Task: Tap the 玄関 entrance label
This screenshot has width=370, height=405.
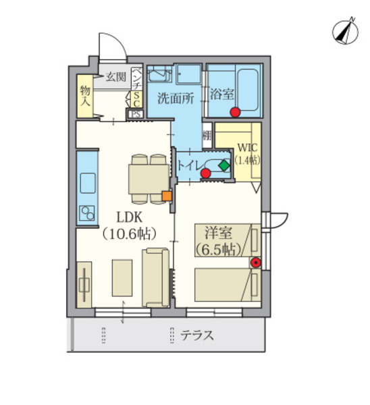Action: coord(115,77)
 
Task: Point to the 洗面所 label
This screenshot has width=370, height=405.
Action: coord(176,97)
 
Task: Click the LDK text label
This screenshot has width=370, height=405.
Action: coord(128,217)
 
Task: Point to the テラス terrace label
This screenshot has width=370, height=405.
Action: coord(197,333)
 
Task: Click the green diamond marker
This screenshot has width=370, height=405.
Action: coord(223,164)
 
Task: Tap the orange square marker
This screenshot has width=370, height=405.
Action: coord(166,196)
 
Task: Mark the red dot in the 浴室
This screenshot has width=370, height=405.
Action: coord(235,112)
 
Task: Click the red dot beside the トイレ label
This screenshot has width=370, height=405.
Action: coord(206,173)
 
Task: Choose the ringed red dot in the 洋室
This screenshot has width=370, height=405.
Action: coord(255,263)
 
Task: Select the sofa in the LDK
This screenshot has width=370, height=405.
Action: coord(156,277)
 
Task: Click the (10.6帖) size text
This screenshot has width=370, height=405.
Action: coord(129,234)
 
